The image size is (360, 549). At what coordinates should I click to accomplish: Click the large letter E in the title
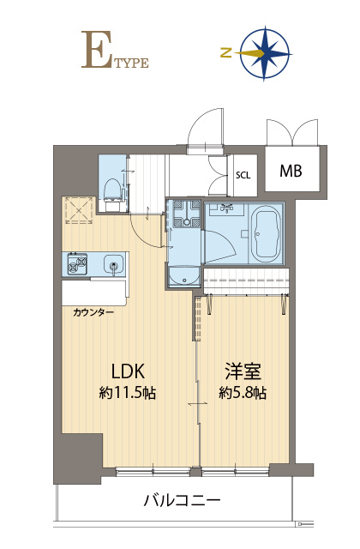[x=94, y=50]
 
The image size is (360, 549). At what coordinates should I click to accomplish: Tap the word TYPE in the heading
[x=130, y=63]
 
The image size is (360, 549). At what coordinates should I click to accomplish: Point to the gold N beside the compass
[x=226, y=53]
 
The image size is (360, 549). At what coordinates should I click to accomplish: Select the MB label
[x=291, y=171]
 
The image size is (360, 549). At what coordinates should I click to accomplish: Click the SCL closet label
[x=243, y=175]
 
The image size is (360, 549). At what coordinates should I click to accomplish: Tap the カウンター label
[x=93, y=312]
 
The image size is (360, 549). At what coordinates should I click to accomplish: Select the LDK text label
[x=128, y=371]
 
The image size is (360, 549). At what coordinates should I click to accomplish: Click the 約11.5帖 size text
[x=128, y=393]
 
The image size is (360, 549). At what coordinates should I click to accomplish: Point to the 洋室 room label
[x=243, y=371]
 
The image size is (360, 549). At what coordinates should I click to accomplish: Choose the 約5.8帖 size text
[x=243, y=393]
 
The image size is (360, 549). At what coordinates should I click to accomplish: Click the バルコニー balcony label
[x=182, y=500]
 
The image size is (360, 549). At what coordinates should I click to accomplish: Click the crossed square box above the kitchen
[x=79, y=210]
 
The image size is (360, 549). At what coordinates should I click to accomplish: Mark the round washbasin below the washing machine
[x=184, y=277]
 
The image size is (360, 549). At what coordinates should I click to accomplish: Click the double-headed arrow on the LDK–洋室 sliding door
[x=198, y=404]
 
